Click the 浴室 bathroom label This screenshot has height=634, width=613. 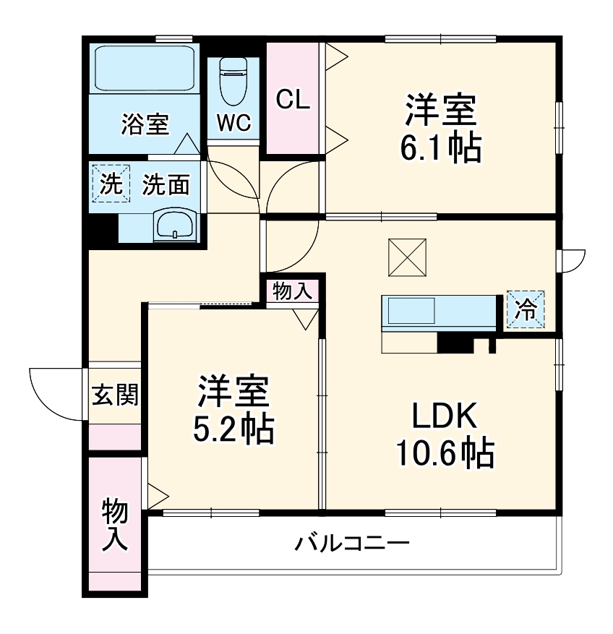145,124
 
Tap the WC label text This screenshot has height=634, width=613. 233,124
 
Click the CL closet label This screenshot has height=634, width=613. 293,100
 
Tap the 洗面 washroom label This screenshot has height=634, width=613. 166,185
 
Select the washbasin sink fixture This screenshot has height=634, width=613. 174,225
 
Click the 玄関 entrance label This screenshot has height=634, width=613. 114,395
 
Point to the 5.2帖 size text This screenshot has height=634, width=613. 233,430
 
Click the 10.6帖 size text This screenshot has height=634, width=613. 444,453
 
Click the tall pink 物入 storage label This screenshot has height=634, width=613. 114,524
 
